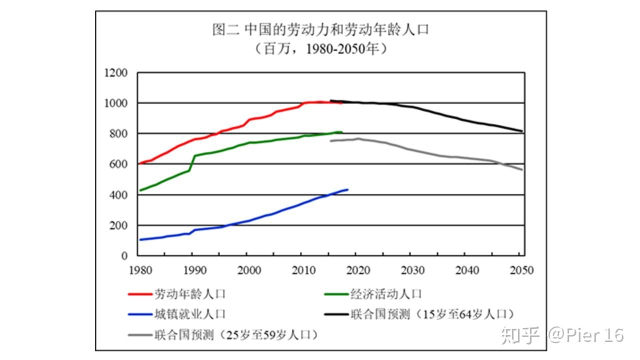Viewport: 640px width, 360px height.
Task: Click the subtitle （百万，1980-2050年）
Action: click(x=320, y=49)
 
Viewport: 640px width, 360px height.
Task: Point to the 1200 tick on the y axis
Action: click(x=116, y=73)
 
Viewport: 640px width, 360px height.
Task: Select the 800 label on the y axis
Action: click(x=118, y=134)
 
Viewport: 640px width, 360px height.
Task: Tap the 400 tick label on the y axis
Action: click(x=118, y=195)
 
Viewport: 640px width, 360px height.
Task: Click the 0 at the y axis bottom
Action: click(x=125, y=256)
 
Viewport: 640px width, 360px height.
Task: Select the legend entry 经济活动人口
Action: click(x=386, y=294)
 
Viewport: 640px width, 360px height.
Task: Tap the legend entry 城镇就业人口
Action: click(x=189, y=314)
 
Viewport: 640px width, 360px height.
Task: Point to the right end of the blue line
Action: click(x=347, y=189)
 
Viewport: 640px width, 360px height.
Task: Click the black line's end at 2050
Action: click(x=522, y=131)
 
